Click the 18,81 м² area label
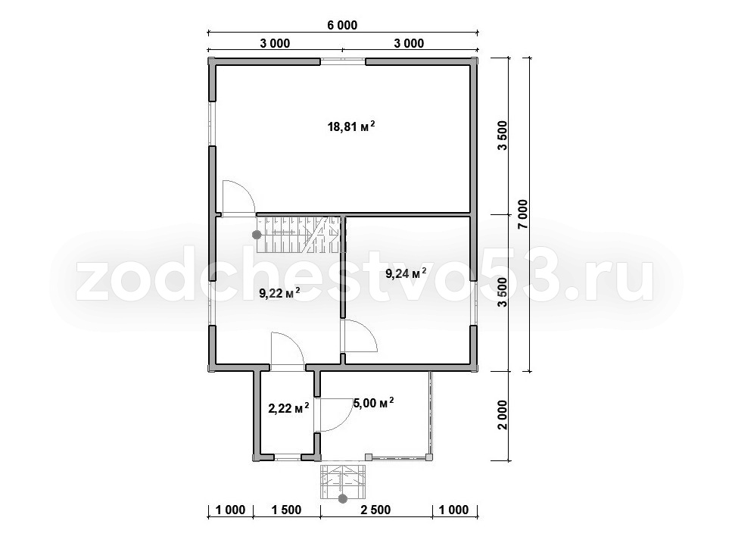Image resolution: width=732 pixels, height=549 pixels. click(351, 126)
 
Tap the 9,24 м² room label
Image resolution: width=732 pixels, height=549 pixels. click(405, 273)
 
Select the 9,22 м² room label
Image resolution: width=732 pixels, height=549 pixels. click(279, 293)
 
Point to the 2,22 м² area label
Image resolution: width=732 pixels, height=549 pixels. click(288, 409)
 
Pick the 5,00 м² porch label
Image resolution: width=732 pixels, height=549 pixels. click(373, 403)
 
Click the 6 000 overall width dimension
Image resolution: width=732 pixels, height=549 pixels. click(342, 25)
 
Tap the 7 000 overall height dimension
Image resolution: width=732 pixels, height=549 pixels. click(522, 214)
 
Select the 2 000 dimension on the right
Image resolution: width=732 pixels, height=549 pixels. click(503, 415)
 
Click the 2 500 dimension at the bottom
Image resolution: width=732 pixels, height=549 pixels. click(375, 510)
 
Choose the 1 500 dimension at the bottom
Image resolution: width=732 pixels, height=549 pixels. click(286, 510)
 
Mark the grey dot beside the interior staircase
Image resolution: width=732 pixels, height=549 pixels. click(257, 235)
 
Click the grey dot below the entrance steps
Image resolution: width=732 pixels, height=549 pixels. click(343, 499)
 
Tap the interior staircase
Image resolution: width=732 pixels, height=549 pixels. click(298, 234)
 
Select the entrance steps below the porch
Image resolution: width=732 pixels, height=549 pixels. click(342, 481)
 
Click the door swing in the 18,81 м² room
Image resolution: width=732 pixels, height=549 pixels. click(238, 198)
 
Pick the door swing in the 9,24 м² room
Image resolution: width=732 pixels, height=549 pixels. click(359, 335)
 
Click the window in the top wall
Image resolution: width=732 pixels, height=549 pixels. click(343, 61)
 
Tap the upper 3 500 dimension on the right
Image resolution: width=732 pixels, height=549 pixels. click(503, 136)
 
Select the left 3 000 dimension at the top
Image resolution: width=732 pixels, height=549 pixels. click(275, 43)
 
